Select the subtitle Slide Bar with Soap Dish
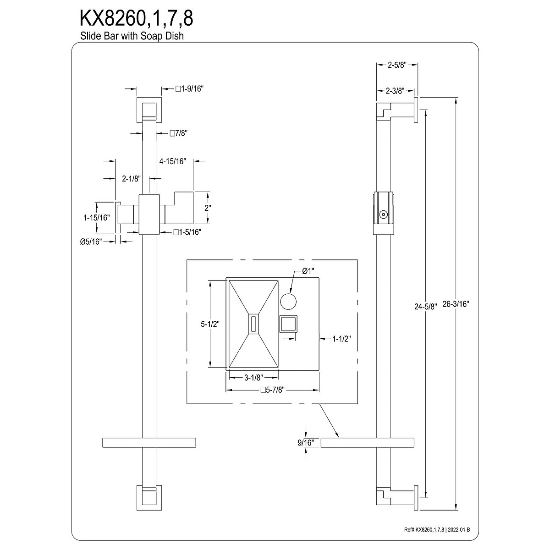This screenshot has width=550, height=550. coord(132,36)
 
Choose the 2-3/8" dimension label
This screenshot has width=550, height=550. coord(394,91)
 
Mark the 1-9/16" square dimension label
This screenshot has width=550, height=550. coord(189,89)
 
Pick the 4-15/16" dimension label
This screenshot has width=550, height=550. coord(172,161)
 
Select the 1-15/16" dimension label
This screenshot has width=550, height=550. coord(97,218)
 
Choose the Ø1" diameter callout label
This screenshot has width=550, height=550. coord(308,271)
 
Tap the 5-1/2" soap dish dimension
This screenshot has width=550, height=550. coord(210,324)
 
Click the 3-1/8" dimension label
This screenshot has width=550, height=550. coord(253,378)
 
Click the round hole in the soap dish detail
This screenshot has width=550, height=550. coord(288,301)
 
